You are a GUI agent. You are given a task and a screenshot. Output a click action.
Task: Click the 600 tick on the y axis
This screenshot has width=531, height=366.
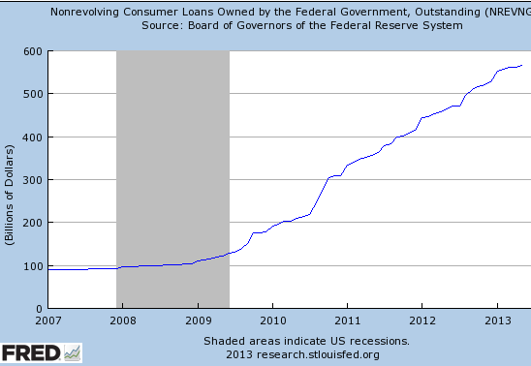tap(33, 51)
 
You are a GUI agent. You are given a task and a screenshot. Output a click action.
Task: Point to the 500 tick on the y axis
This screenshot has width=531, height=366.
tap(33, 94)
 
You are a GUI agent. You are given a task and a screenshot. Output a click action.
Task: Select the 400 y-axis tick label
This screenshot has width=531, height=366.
tap(33, 137)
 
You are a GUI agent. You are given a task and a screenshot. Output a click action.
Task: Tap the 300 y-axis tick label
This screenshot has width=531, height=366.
tap(33, 180)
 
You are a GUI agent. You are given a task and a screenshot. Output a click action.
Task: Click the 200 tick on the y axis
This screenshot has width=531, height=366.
tap(33, 223)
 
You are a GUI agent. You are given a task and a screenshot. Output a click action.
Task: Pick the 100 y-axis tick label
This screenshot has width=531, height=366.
tap(33, 265)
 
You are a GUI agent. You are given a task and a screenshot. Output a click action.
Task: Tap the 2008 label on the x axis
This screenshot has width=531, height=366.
tap(123, 320)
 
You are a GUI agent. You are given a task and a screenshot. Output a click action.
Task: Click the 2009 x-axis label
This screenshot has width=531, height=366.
tap(198, 320)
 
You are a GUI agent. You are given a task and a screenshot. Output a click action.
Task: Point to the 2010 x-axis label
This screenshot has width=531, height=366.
tap(272, 320)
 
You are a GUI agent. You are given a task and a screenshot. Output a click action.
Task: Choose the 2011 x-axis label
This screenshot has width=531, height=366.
tap(347, 320)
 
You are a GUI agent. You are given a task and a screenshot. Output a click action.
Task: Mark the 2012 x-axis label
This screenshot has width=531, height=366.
tap(422, 320)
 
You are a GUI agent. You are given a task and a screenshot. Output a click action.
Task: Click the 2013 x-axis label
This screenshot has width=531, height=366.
tap(496, 320)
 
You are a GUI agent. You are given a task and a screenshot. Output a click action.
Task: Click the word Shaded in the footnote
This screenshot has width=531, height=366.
tap(224, 341)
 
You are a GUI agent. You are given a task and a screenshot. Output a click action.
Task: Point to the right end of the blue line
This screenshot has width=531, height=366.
tap(522, 66)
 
